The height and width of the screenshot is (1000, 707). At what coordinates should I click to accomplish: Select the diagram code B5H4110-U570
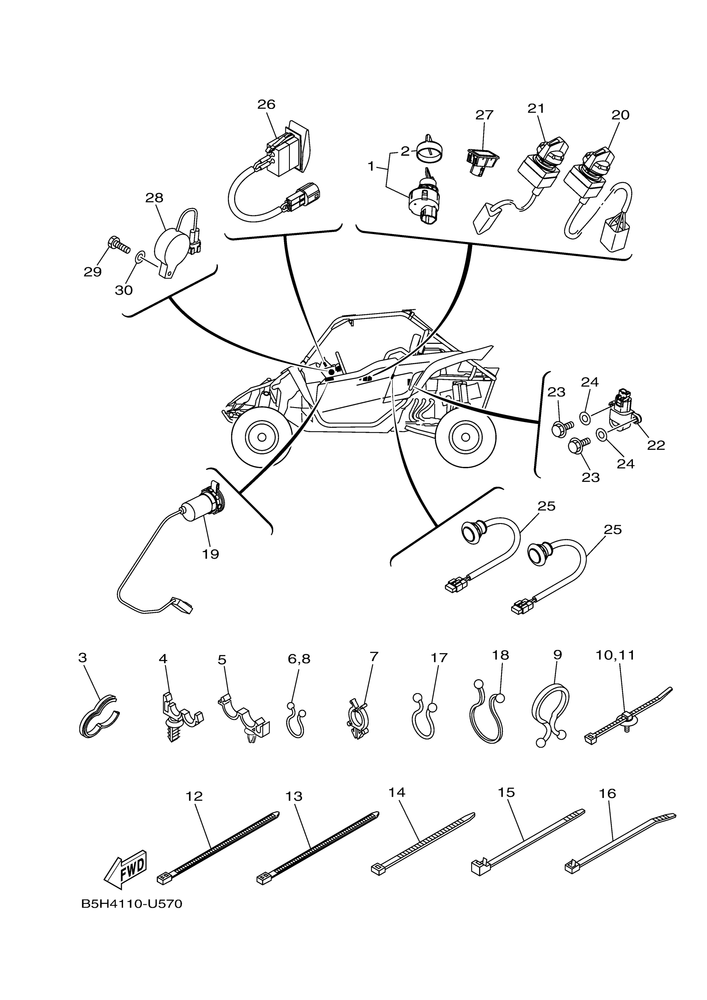(x=131, y=904)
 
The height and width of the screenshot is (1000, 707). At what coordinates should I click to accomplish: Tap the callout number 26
(x=266, y=104)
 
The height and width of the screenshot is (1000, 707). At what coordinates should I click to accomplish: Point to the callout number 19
(x=210, y=554)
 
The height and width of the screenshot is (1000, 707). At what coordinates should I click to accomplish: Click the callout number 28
(x=154, y=198)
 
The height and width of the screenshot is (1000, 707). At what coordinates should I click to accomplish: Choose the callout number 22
(x=656, y=445)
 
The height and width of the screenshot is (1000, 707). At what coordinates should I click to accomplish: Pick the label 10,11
(x=615, y=655)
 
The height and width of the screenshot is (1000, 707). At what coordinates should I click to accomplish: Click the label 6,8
(x=299, y=659)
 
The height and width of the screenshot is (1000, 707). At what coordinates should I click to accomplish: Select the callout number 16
(x=607, y=793)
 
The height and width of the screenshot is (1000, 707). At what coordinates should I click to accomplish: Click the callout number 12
(x=194, y=796)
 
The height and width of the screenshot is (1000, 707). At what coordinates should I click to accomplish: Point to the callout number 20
(x=620, y=115)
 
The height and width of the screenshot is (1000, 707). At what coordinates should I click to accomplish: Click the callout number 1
(x=371, y=166)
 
